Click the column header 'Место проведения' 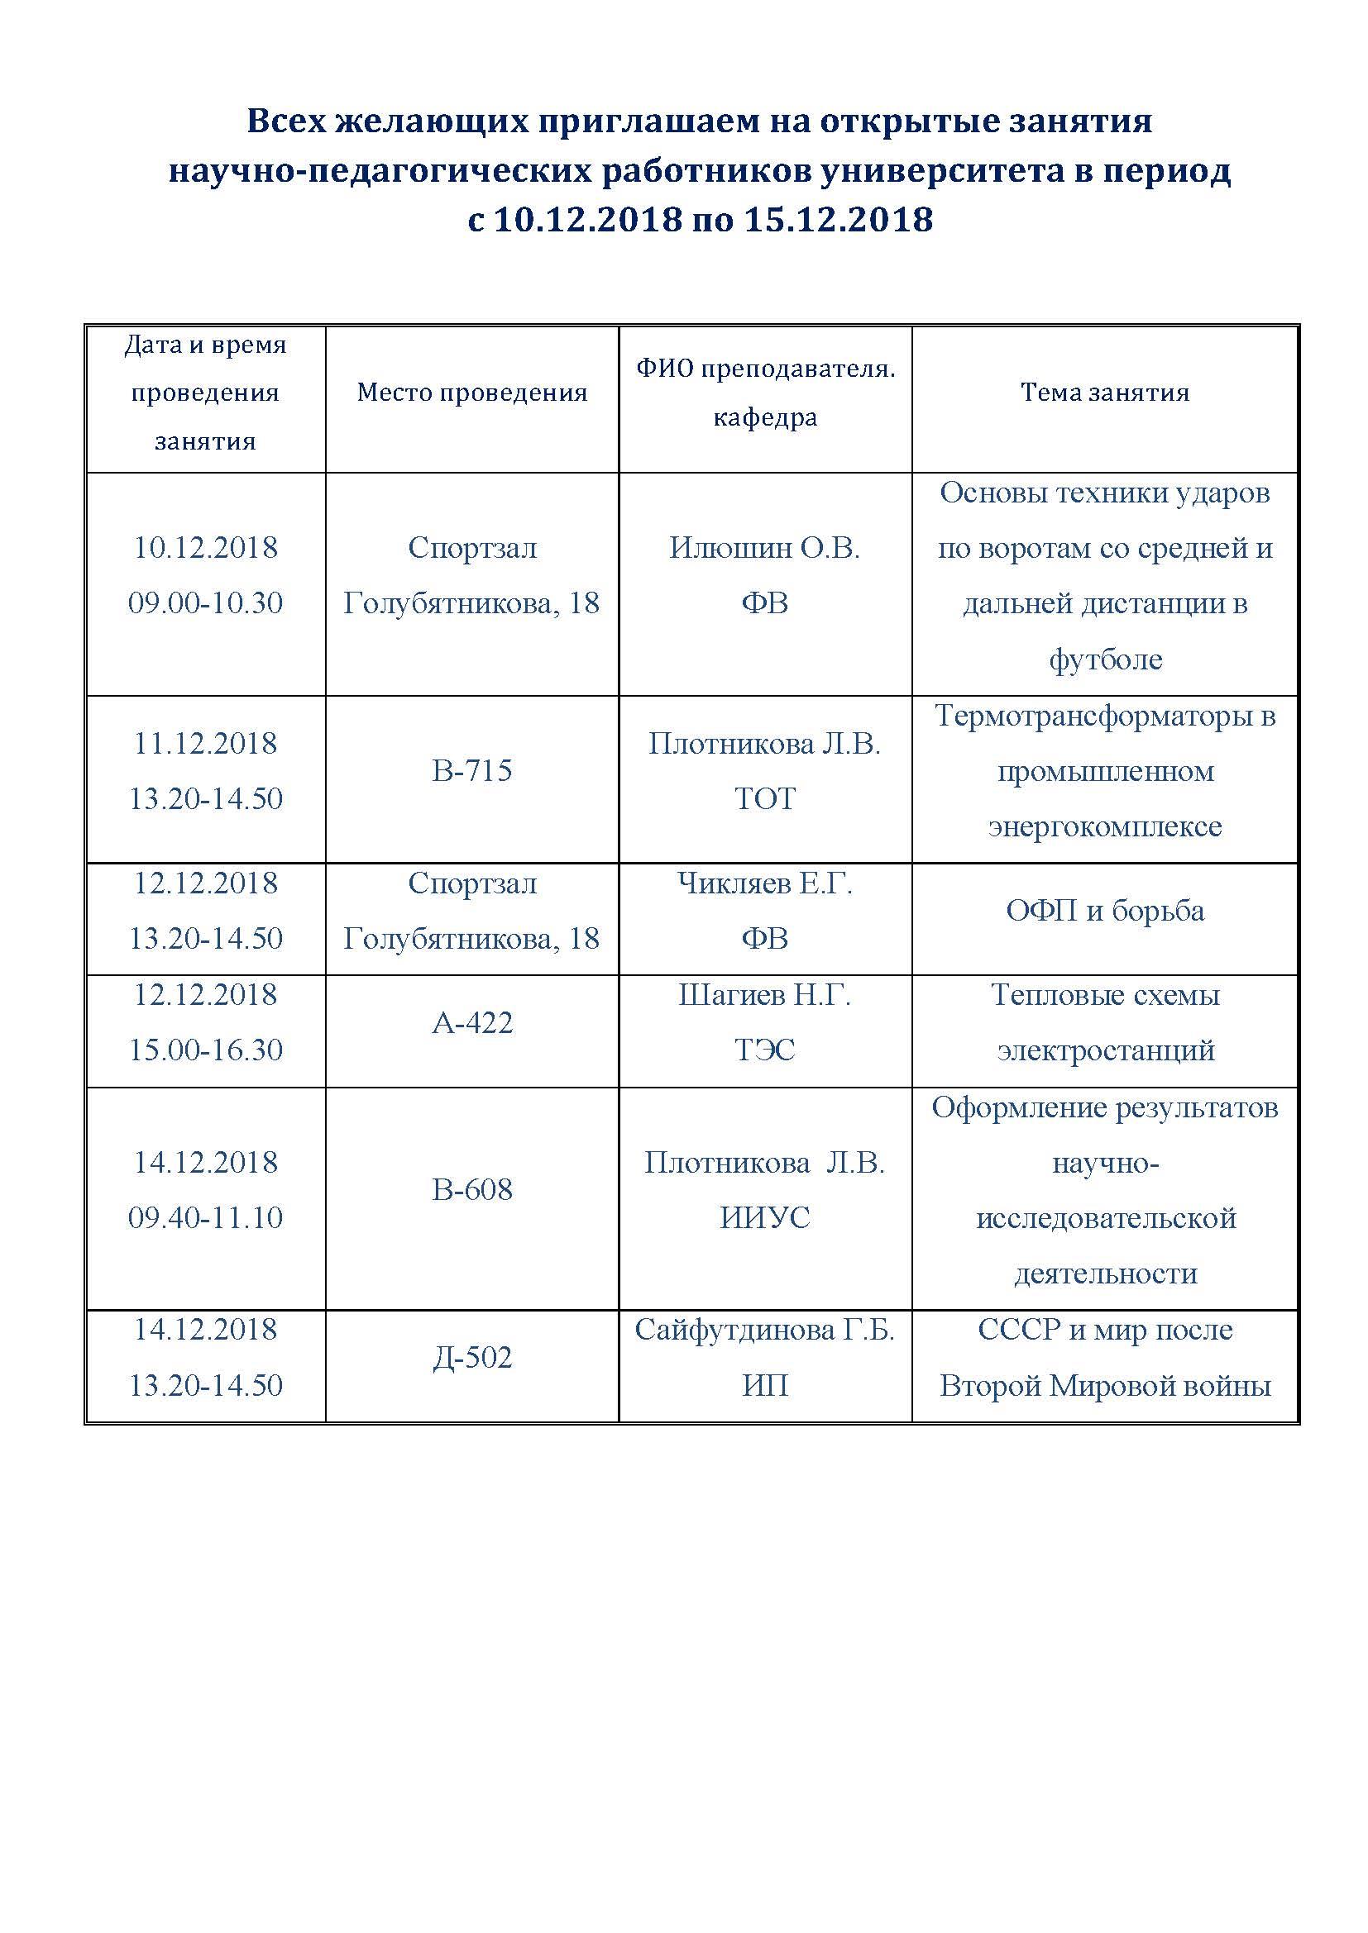pyautogui.click(x=471, y=393)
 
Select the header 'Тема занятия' pyautogui.click(x=1104, y=393)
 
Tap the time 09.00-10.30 pyautogui.click(x=206, y=602)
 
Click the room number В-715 pyautogui.click(x=471, y=770)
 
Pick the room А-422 pyautogui.click(x=471, y=1022)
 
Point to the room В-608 pyautogui.click(x=471, y=1189)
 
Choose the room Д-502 pyautogui.click(x=471, y=1357)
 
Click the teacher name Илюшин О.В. pyautogui.click(x=765, y=548)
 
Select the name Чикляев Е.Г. pyautogui.click(x=765, y=883)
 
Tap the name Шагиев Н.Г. pyautogui.click(x=765, y=995)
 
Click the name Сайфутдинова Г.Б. pyautogui.click(x=765, y=1330)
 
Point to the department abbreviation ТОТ pyautogui.click(x=765, y=798)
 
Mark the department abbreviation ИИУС pyautogui.click(x=765, y=1217)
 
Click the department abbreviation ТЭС pyautogui.click(x=765, y=1050)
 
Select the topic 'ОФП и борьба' pyautogui.click(x=1104, y=911)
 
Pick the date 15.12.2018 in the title pyautogui.click(x=838, y=220)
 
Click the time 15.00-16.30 pyautogui.click(x=206, y=1050)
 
